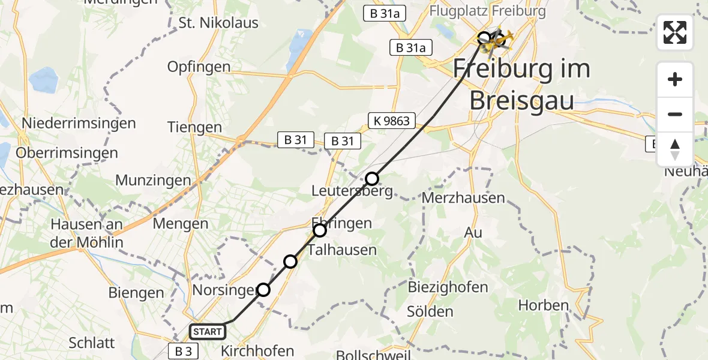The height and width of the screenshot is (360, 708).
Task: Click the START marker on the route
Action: (208, 331)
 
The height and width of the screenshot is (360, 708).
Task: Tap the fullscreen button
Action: (675, 32)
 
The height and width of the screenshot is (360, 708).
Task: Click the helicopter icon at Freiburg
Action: (499, 41)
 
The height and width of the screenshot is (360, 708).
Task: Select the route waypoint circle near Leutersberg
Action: (372, 178)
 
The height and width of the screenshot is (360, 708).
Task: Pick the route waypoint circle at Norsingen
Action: (263, 290)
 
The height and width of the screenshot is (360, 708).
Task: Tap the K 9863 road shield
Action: (390, 121)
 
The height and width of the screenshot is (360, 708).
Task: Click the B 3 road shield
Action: (184, 351)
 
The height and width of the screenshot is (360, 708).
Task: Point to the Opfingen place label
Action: (199, 67)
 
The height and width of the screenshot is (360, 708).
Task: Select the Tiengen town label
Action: (195, 127)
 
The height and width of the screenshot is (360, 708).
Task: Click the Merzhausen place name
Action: (464, 197)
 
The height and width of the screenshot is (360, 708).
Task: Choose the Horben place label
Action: (543, 305)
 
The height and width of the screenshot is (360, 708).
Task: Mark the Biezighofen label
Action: (448, 287)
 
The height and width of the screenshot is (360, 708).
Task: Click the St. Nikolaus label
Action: (218, 23)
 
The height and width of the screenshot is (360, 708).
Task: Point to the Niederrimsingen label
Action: (79, 123)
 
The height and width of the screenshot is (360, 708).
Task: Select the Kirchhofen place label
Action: (258, 351)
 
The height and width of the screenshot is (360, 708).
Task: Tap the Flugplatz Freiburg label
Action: (487, 11)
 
